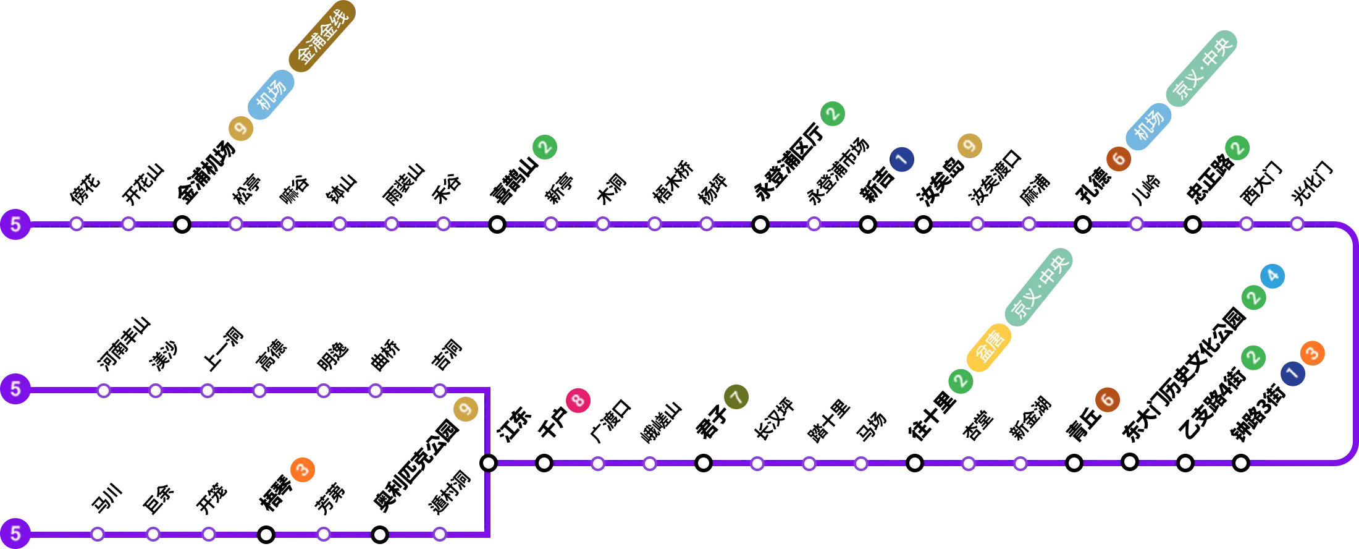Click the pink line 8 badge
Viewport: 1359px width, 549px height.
(578, 401)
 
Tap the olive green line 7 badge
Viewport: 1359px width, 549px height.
(736, 396)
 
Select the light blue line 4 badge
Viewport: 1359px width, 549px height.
(1273, 276)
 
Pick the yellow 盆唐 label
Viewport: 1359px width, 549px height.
(989, 347)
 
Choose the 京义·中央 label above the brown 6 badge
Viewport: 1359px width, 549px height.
(1201, 69)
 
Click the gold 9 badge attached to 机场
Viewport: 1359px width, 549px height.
(241, 129)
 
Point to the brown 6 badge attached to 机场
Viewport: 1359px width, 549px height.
(1118, 159)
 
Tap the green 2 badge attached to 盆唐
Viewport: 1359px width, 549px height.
(960, 381)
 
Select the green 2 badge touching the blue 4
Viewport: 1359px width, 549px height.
(1253, 297)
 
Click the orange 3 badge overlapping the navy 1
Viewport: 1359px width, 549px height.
(1313, 353)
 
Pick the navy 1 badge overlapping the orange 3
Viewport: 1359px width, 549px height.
(1292, 373)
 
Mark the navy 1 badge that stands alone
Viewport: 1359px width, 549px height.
(901, 160)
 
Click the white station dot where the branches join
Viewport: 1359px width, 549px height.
(488, 463)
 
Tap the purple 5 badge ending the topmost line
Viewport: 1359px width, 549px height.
(15, 224)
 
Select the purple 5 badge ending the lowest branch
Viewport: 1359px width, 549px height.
(15, 533)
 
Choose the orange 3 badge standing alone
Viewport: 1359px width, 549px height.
(302, 470)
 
